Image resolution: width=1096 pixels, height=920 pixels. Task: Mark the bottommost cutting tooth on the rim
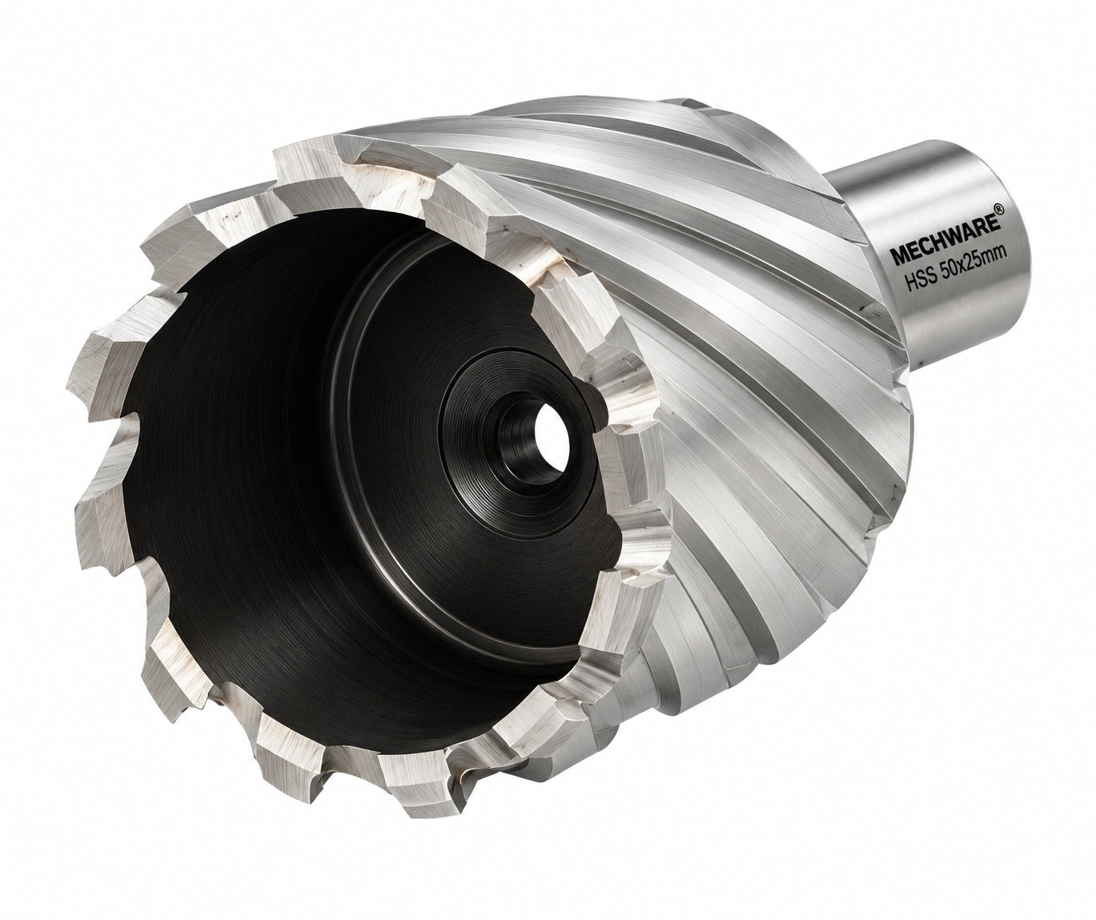pos(420,793)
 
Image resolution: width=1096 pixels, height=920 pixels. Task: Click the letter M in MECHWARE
pos(898,255)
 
